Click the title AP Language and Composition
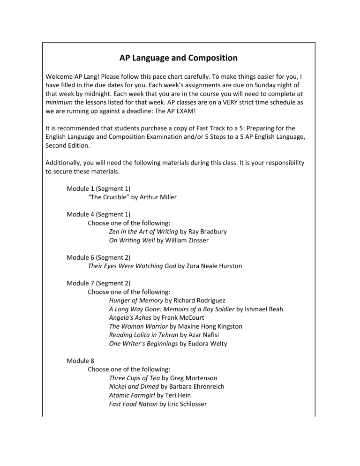point(178,58)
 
